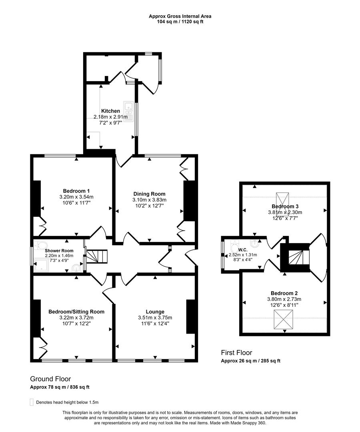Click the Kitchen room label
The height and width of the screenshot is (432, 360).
pos(110,111)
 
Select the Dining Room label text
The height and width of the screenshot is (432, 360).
pos(149,194)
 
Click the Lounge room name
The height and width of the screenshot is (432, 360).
pos(155,312)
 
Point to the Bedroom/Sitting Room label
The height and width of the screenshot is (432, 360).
pos(76,312)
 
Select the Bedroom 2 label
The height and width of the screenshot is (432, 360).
pos(284,293)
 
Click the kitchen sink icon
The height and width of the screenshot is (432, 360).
pos(129,107)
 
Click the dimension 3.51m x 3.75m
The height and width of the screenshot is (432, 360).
pos(155,318)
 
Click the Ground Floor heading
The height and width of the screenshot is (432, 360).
pos(50,379)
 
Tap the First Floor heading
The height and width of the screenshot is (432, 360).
pos(236,352)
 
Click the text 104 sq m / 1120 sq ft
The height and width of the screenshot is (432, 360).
pos(180,22)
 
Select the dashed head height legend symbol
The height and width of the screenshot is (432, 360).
pos(32,402)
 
